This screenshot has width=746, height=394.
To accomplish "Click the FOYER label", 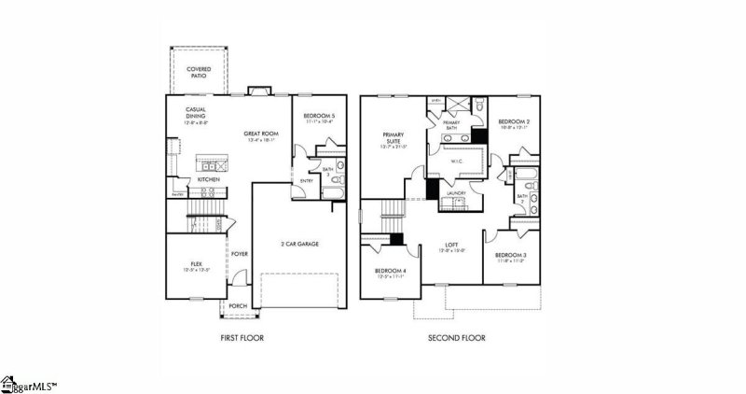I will point(240,253).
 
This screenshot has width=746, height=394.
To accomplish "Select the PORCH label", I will point(237,306).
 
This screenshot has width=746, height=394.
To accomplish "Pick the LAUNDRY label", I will point(457,194).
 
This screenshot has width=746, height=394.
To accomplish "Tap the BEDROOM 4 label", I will point(390,274).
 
